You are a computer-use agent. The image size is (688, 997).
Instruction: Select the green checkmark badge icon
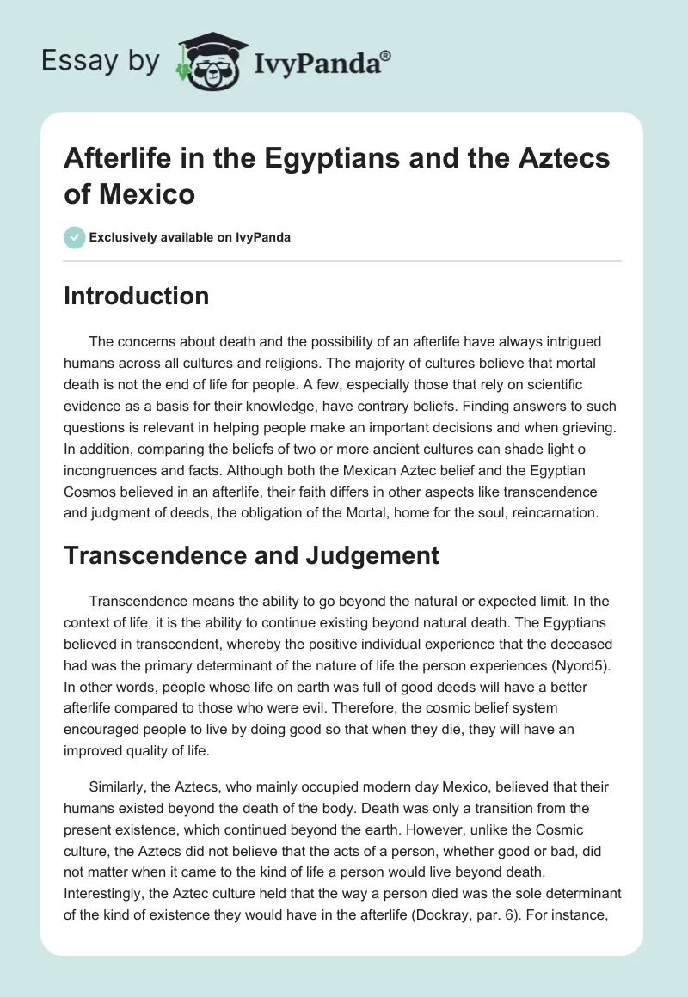click(x=75, y=237)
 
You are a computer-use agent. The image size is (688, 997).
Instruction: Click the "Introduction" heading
click(x=137, y=297)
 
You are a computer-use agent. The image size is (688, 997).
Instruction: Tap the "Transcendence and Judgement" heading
click(x=252, y=555)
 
